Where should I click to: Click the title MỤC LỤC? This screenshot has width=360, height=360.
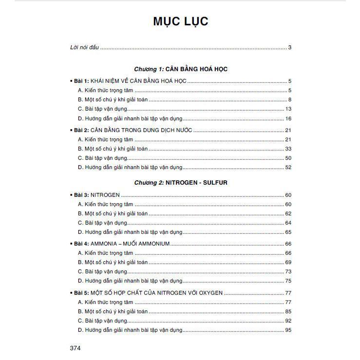(x=181, y=21)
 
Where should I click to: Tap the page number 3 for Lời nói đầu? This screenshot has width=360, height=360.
(x=289, y=47)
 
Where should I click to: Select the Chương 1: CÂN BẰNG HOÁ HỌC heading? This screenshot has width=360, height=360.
(x=181, y=69)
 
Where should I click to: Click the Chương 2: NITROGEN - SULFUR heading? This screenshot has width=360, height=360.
(x=181, y=183)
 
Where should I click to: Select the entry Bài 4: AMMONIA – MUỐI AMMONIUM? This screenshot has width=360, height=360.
(x=121, y=244)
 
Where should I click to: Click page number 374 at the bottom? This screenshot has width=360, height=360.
(x=75, y=348)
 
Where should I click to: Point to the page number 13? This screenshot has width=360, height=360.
(x=288, y=109)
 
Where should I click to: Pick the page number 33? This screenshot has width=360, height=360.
(x=288, y=149)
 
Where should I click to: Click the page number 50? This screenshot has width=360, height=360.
(x=288, y=158)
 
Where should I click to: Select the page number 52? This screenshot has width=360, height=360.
(x=288, y=167)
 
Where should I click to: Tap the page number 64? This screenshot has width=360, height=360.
(x=288, y=223)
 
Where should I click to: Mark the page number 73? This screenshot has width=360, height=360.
(x=288, y=271)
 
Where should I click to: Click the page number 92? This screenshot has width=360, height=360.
(x=288, y=321)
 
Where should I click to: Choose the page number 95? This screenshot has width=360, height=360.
(x=288, y=330)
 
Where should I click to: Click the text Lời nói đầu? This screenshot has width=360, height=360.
(x=85, y=47)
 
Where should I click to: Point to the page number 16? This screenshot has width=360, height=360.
(x=288, y=118)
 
